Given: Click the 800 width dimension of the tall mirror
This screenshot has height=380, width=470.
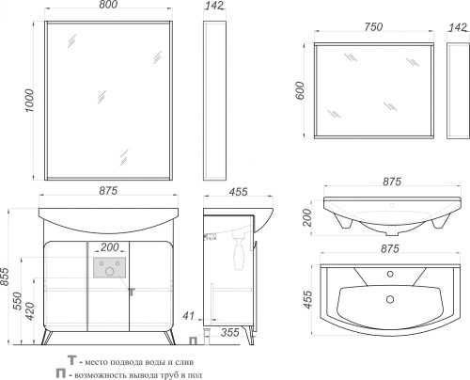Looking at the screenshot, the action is click(109, 5).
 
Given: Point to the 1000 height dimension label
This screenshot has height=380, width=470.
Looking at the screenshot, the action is click(29, 101).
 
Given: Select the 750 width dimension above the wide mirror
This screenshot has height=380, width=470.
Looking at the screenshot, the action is click(373, 27).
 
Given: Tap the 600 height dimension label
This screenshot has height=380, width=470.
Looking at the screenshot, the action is click(300, 90).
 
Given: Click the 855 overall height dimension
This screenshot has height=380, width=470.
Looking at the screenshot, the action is click(5, 277).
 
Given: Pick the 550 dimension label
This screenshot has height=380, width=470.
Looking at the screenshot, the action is click(18, 301).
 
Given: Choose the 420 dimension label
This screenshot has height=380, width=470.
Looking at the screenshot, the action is click(30, 310).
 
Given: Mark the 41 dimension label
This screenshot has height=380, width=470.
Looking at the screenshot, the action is click(189, 316).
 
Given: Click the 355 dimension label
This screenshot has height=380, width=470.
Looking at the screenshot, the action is click(229, 332).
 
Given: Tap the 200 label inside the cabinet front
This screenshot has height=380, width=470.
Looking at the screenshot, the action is click(110, 247).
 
